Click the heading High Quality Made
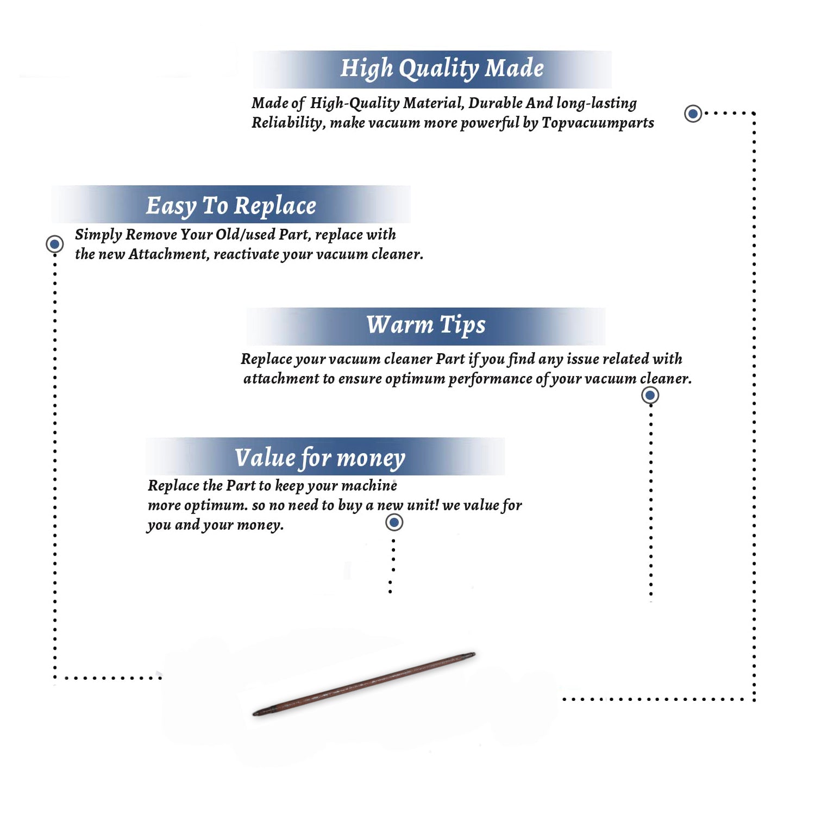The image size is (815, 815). (442, 69)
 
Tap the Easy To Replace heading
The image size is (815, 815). (231, 206)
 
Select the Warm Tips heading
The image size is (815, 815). (426, 325)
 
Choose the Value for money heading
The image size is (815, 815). (320, 458)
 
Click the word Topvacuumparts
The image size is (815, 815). (598, 123)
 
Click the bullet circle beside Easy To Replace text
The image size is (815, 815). (54, 244)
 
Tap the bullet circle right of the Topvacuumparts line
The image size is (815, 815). (693, 114)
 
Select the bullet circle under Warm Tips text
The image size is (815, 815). (650, 395)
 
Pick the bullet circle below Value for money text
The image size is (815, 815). (394, 522)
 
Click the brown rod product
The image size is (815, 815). (364, 684)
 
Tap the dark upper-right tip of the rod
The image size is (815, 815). (472, 655)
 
